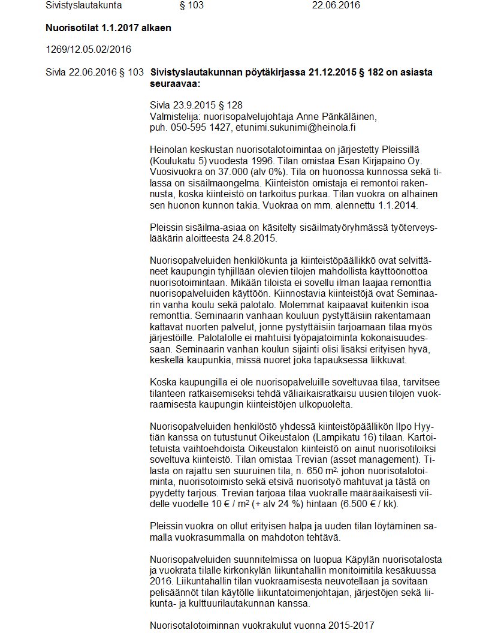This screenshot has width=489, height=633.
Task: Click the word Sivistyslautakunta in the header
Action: pyautogui.click(x=83, y=5)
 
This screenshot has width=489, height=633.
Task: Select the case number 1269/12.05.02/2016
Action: pyautogui.click(x=88, y=49)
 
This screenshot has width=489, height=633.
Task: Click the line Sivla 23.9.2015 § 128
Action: pyautogui.click(x=196, y=105)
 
